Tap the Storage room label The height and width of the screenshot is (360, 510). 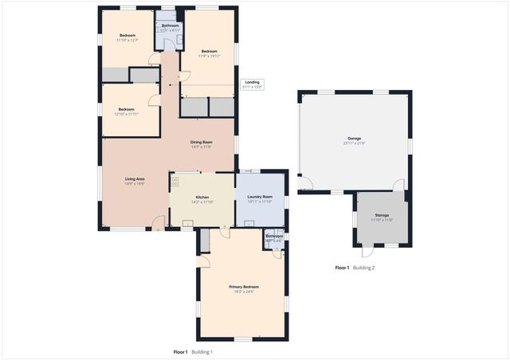382,214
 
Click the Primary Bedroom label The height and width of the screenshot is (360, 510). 244,287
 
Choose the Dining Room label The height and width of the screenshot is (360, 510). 201,142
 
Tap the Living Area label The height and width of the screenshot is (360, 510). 135,179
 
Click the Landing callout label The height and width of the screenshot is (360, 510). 252,81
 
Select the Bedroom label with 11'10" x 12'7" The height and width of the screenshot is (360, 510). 127,35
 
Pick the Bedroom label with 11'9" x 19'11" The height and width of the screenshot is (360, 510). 208,52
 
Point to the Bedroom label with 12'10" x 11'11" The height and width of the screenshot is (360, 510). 127,109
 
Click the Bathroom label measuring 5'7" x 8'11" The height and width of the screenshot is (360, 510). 171,25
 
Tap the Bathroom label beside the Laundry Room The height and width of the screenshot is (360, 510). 274,236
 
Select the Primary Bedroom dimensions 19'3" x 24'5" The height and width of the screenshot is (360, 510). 244,292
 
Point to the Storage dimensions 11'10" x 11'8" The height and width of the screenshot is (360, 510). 382,220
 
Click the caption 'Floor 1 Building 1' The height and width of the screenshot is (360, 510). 193,351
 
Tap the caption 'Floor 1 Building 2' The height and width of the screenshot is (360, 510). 355,268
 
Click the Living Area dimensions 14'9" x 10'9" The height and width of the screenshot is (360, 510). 135,185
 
